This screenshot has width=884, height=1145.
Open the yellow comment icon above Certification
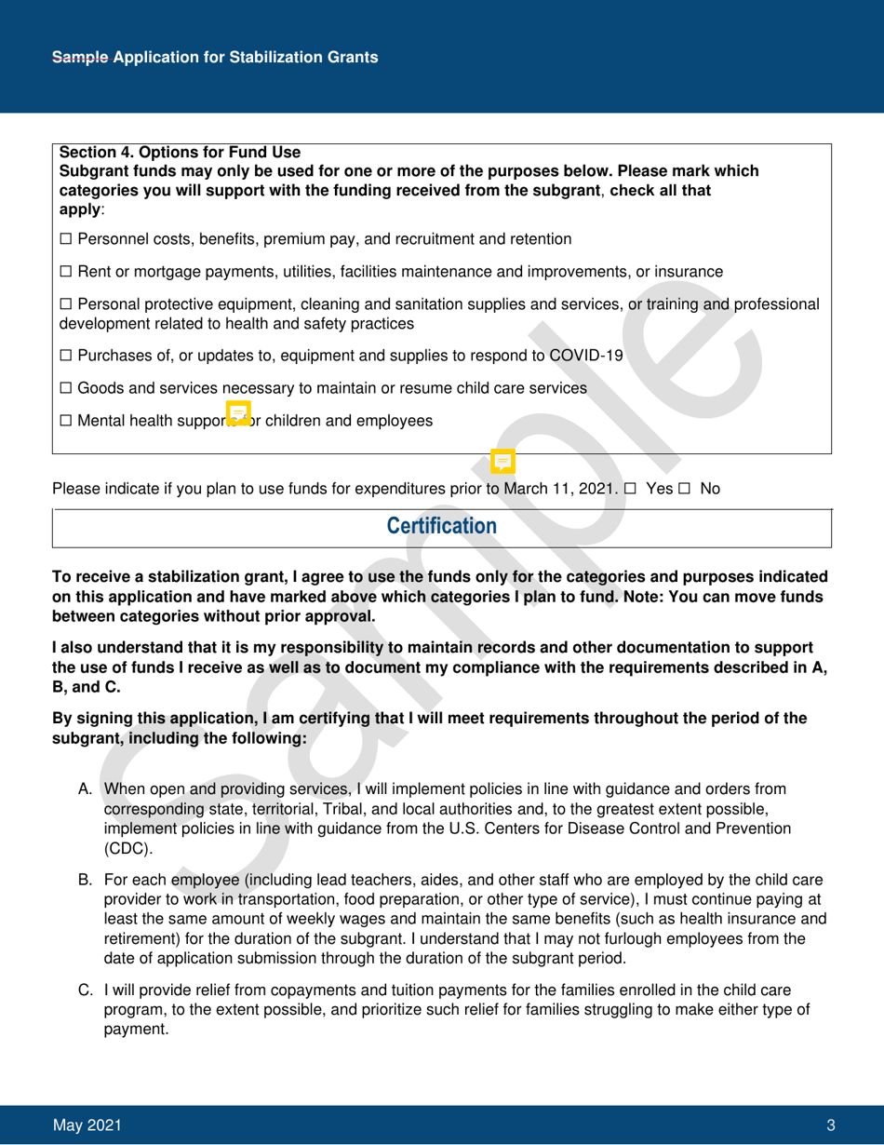(x=502, y=461)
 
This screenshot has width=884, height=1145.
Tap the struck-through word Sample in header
(x=80, y=58)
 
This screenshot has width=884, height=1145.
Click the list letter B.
(x=84, y=877)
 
